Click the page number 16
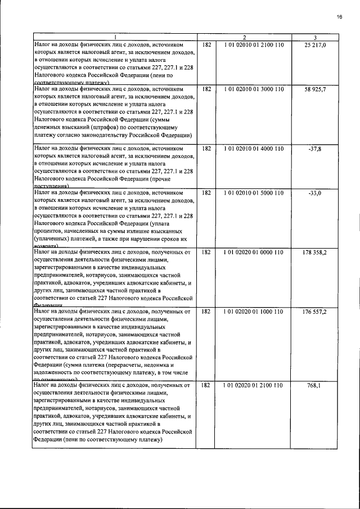(340, 17)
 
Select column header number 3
(316, 37)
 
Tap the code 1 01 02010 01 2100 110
(253, 44)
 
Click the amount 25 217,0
(315, 44)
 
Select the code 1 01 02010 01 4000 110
(253, 148)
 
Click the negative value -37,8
(315, 148)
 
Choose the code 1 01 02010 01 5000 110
(253, 193)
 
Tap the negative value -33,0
(315, 193)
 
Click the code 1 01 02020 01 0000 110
(253, 252)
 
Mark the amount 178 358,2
(314, 252)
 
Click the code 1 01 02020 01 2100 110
(253, 385)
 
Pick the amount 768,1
(315, 385)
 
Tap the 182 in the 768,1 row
(205, 385)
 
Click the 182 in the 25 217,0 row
(205, 44)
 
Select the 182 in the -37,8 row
(205, 148)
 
